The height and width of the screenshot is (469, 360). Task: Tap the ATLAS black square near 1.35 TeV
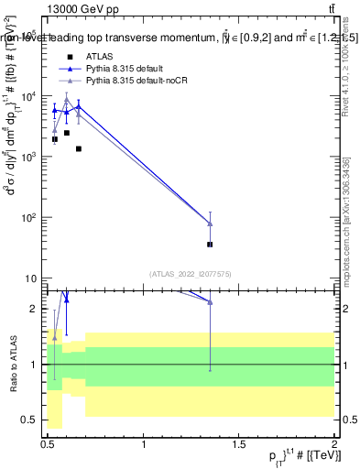coord(210,245)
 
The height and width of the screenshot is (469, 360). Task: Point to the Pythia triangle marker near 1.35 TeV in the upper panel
coord(211,224)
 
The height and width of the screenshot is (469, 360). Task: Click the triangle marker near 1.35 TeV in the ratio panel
coord(211,301)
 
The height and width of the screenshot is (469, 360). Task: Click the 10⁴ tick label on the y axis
coord(29,96)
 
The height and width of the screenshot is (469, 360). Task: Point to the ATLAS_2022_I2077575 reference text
coord(191,273)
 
